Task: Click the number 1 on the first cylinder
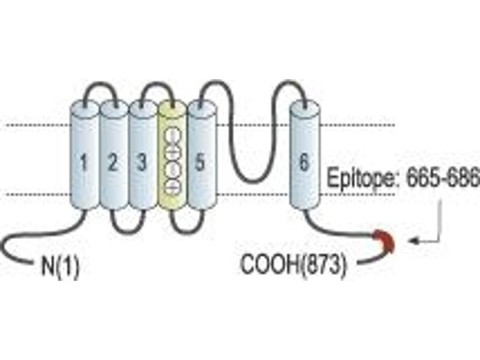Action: (x=83, y=162)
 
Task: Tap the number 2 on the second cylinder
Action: (x=113, y=162)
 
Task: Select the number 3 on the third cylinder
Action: (x=141, y=162)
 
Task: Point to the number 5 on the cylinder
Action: (x=200, y=162)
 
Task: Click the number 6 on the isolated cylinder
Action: (x=304, y=161)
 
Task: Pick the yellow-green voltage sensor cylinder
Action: (x=172, y=155)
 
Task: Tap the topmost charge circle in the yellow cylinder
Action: (x=172, y=136)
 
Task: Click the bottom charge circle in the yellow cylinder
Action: (x=172, y=187)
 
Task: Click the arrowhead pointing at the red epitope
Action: (x=413, y=241)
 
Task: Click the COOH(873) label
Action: (x=294, y=264)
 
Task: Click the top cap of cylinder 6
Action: (x=305, y=109)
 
